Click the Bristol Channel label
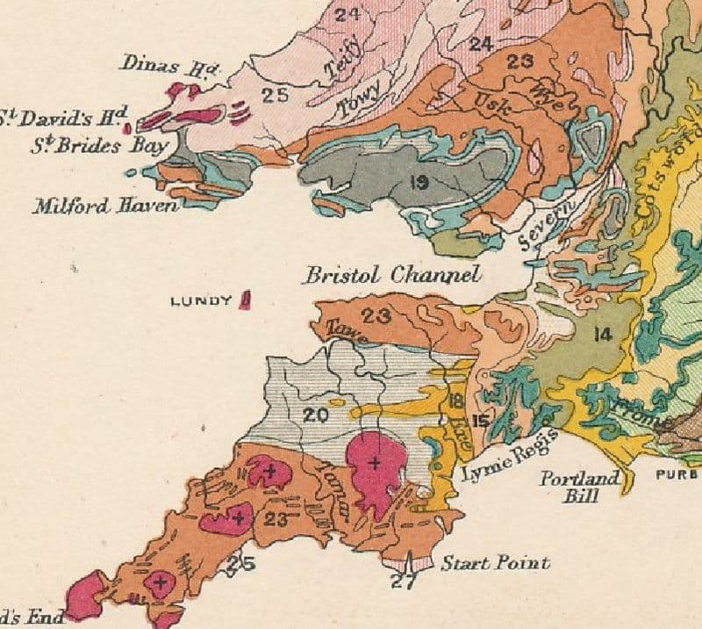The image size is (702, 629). [x=391, y=275]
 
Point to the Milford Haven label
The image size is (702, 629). [x=105, y=206]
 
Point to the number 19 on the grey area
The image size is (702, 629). [x=418, y=182]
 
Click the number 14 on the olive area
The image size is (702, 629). [x=601, y=333]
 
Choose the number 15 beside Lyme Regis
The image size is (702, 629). [x=481, y=421]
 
